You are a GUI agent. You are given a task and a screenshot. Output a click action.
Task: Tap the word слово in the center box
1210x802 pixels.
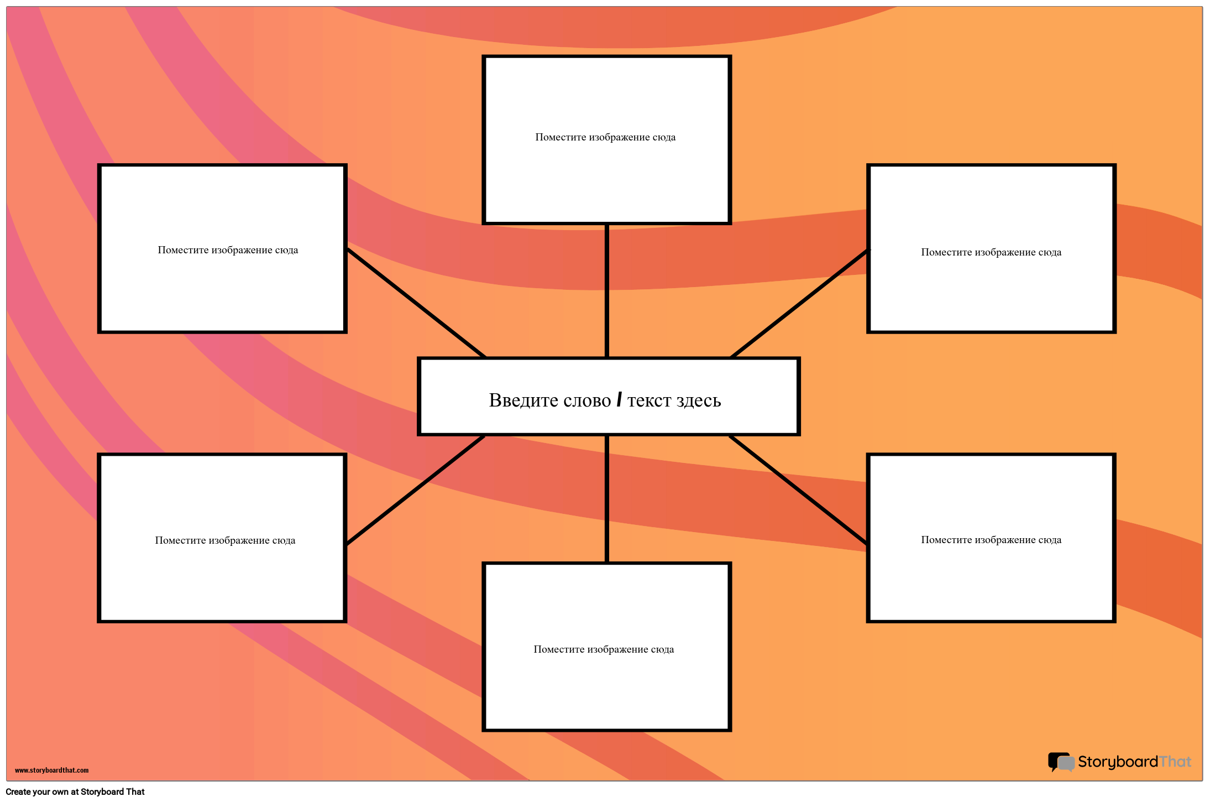[x=587, y=400]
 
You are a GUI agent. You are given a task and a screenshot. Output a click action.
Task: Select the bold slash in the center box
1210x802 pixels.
[x=619, y=399]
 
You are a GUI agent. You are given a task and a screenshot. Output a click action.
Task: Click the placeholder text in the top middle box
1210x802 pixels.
[x=605, y=137]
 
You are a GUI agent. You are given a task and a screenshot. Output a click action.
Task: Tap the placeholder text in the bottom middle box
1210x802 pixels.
[x=604, y=649]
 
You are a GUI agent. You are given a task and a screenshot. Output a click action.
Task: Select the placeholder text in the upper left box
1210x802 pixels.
[x=228, y=250]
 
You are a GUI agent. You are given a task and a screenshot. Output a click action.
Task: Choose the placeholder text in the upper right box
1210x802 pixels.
[x=991, y=252]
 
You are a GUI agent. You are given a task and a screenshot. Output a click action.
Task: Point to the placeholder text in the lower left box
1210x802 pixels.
[x=225, y=540]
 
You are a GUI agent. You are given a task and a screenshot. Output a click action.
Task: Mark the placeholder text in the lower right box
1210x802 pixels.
[x=991, y=540]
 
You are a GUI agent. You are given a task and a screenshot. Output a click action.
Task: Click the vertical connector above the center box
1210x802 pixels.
[x=607, y=291]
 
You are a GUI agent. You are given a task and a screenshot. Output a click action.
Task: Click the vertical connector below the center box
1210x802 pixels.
[x=607, y=499]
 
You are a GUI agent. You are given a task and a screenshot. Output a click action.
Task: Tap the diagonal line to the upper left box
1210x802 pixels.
[x=416, y=303]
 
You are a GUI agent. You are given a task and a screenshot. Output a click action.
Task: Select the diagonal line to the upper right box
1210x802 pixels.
[x=800, y=303]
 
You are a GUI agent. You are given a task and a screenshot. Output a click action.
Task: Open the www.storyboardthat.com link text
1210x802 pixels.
[x=51, y=770]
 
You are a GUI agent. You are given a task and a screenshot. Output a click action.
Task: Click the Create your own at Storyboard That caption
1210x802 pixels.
[x=75, y=791]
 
